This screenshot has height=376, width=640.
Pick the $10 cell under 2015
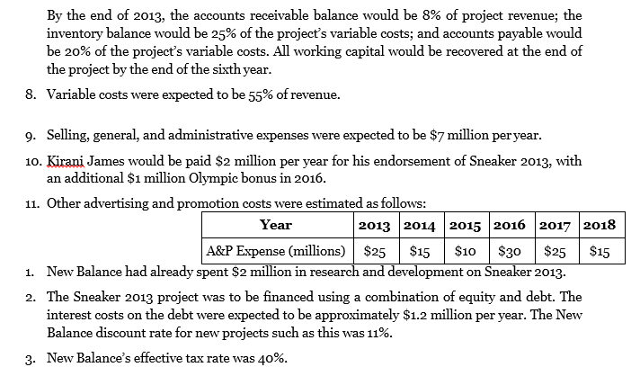click(x=466, y=252)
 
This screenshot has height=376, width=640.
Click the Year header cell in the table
click(x=275, y=225)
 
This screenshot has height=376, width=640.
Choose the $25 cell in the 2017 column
click(x=558, y=252)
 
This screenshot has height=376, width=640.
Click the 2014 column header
click(x=419, y=225)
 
